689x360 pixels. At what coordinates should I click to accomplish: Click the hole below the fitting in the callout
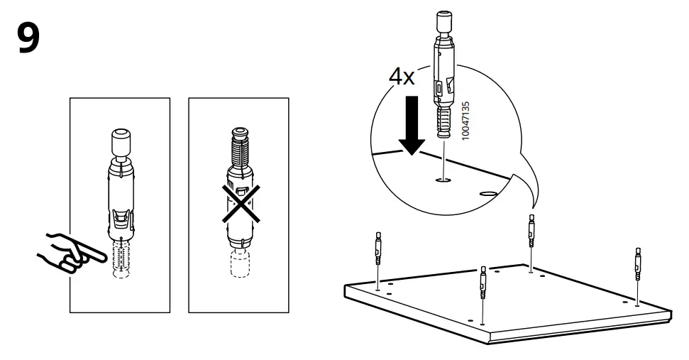443,181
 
